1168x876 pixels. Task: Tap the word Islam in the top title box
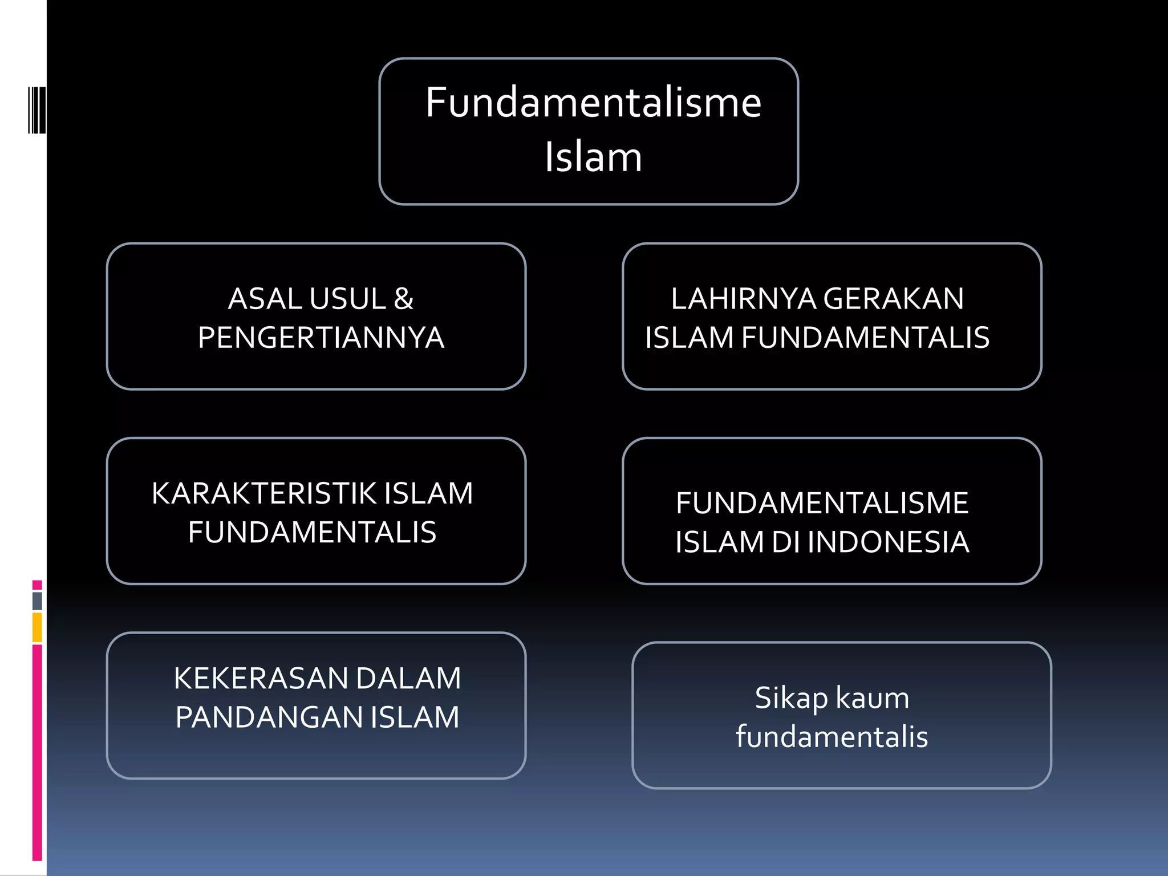coord(593,157)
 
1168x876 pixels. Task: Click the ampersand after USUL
coord(403,299)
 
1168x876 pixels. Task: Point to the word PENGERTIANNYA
coord(321,338)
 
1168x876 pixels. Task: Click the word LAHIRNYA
coord(743,299)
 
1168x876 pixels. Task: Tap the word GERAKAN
coord(893,299)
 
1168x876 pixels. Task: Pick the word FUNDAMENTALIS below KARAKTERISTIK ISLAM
coord(312,532)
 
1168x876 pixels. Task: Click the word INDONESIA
coord(888,542)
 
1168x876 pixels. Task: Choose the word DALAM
coord(408,679)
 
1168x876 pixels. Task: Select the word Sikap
coord(792,698)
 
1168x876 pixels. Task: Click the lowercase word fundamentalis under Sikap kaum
coord(832,737)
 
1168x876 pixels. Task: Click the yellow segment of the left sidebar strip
coord(37,627)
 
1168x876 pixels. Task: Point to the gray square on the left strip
coord(37,601)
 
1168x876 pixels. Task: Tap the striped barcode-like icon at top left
coord(36,110)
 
